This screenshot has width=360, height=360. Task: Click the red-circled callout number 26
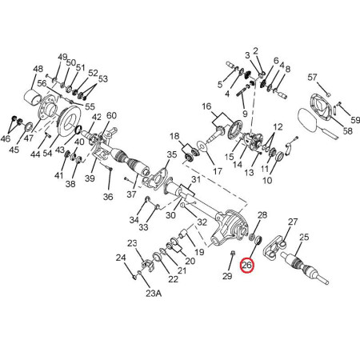click(246, 265)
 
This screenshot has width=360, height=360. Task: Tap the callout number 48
click(38, 69)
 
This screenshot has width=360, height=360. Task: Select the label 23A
click(154, 294)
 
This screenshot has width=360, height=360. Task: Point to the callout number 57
click(312, 78)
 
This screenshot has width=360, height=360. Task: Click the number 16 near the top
click(206, 106)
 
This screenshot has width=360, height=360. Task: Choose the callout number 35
click(172, 154)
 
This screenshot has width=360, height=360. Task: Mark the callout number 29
click(227, 276)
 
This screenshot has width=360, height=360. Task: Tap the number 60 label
click(111, 115)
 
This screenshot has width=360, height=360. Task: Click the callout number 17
click(218, 171)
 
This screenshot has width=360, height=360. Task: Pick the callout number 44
click(35, 154)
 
